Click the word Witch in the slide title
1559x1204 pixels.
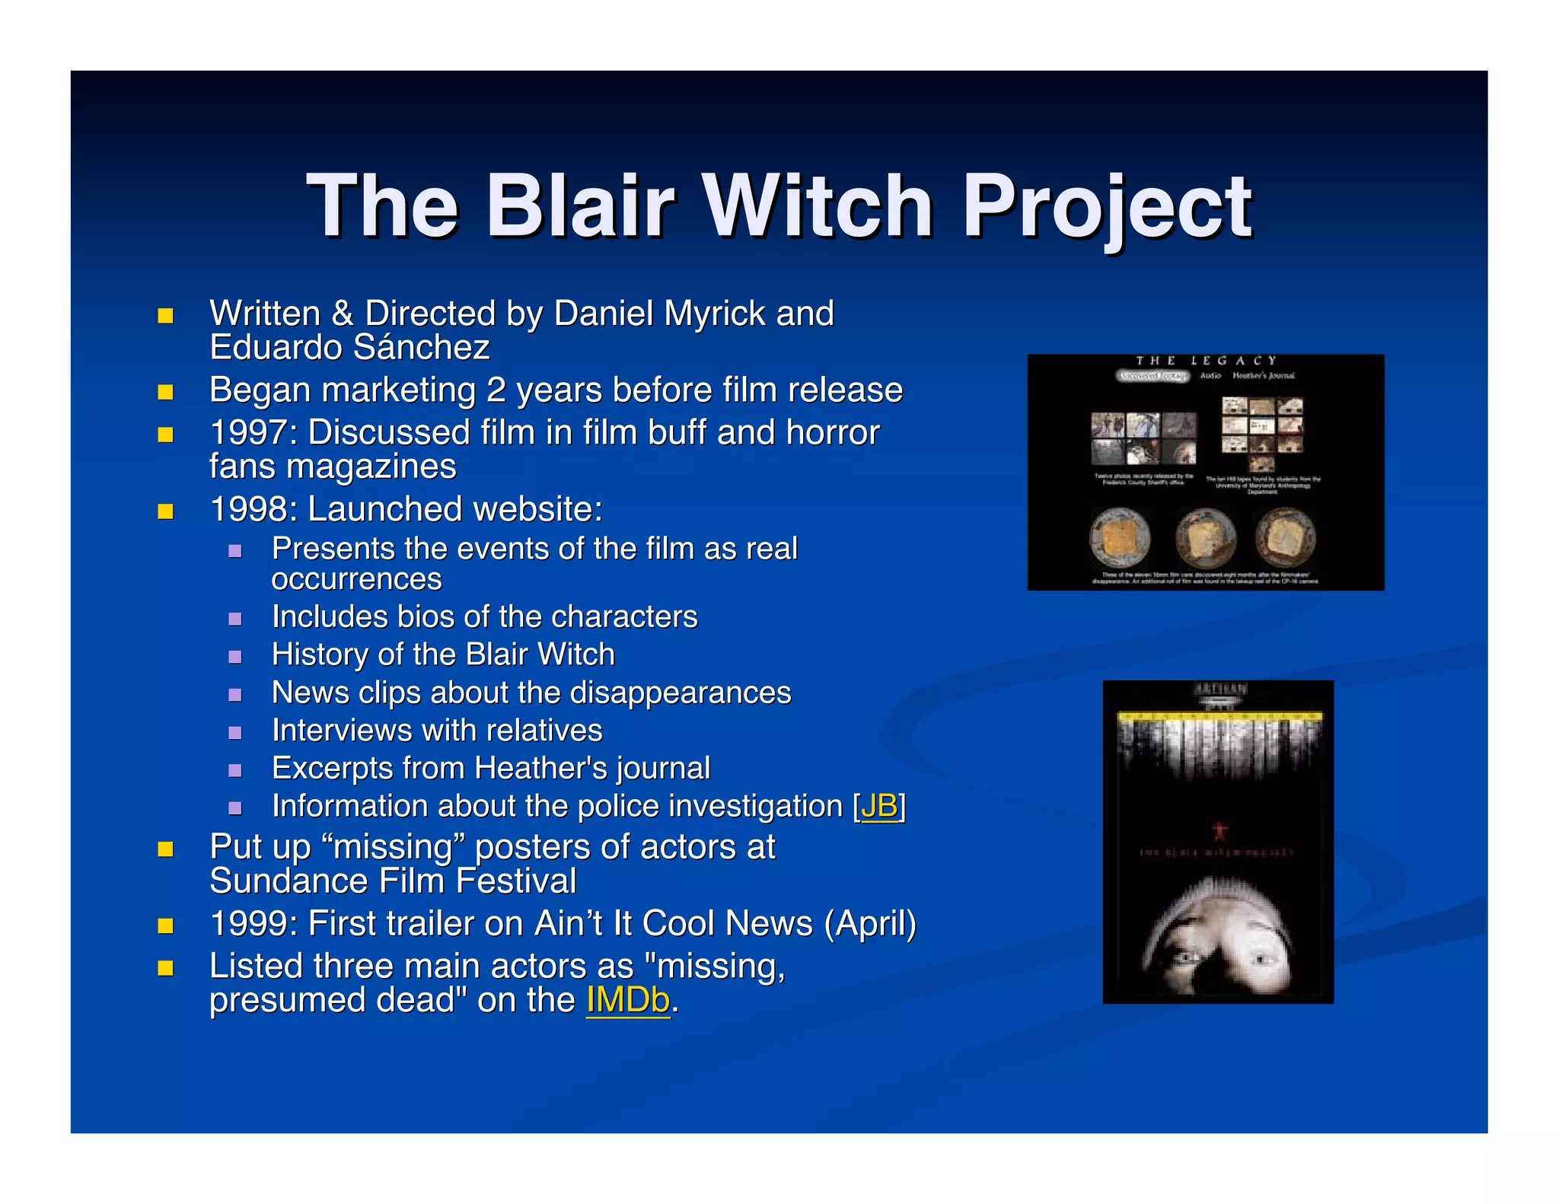tap(818, 205)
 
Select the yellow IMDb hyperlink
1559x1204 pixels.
tap(628, 1000)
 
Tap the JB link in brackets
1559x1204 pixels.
tap(879, 806)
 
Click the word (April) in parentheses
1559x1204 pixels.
tap(870, 924)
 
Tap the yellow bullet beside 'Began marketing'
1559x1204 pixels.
tap(165, 392)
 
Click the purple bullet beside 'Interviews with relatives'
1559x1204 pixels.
tap(235, 732)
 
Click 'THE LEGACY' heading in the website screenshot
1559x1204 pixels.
tap(1206, 361)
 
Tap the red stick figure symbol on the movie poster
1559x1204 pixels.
tap(1219, 829)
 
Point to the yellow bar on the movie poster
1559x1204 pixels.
tap(1219, 716)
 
